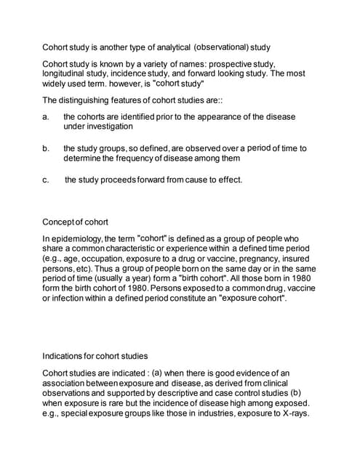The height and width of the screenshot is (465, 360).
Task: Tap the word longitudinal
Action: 67,74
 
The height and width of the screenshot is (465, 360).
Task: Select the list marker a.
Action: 46,116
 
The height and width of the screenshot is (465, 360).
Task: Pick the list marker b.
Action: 46,148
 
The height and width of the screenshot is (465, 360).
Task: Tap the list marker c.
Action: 46,179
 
